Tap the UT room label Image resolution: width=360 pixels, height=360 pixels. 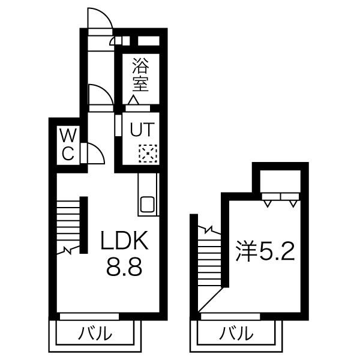142,130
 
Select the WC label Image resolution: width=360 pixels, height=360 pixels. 68,145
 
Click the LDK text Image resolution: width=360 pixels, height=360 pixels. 124,240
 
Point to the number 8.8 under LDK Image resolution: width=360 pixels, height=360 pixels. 124,267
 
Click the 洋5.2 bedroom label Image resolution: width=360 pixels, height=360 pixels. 265,251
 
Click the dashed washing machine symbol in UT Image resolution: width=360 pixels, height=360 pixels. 148,154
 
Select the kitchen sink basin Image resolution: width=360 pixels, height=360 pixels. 148,204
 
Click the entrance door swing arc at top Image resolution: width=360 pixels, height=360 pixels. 106,14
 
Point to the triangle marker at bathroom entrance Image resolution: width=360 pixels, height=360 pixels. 133,100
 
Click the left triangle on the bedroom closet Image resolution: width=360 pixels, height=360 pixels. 267,203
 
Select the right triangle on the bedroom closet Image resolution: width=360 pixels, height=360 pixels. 293,203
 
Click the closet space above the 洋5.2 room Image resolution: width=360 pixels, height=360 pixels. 280,181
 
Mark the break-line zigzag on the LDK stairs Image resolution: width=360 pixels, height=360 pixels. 68,250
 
